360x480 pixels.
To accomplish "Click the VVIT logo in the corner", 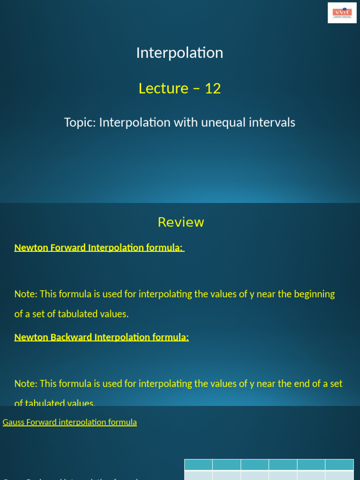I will tap(342, 13).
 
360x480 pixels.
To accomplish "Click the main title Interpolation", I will tap(180, 52).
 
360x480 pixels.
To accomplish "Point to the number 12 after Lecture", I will tap(213, 88).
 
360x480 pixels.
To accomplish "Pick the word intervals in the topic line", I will tap(272, 123).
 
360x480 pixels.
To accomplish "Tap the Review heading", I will tap(181, 222).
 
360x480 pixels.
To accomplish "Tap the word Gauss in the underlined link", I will tap(13, 422).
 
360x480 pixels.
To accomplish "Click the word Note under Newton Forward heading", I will tap(25, 294).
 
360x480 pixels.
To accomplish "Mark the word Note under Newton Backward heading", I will tap(25, 384).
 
